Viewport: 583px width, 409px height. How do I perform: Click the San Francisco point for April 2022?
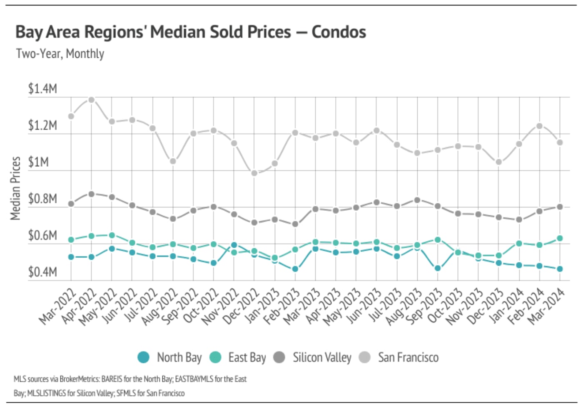91,100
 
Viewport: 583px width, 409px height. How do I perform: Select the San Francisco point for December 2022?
254,173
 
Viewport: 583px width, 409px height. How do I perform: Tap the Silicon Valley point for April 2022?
91,194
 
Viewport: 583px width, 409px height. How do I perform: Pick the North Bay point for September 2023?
438,268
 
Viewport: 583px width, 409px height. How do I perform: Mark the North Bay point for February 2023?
295,269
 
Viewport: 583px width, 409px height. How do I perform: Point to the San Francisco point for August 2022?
173,161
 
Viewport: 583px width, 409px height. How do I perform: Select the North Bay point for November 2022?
234,245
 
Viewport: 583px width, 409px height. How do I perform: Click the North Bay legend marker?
143,357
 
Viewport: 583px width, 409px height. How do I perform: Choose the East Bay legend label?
247,357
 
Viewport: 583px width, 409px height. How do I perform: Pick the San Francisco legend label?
408,357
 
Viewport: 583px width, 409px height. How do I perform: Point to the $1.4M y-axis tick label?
42,89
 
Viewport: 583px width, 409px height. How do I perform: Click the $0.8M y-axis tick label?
42,199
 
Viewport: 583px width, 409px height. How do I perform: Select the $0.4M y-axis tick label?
42,272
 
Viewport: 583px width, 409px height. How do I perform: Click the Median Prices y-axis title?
15,188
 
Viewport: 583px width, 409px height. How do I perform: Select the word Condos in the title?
339,32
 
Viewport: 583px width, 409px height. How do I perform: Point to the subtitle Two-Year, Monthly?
60,54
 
